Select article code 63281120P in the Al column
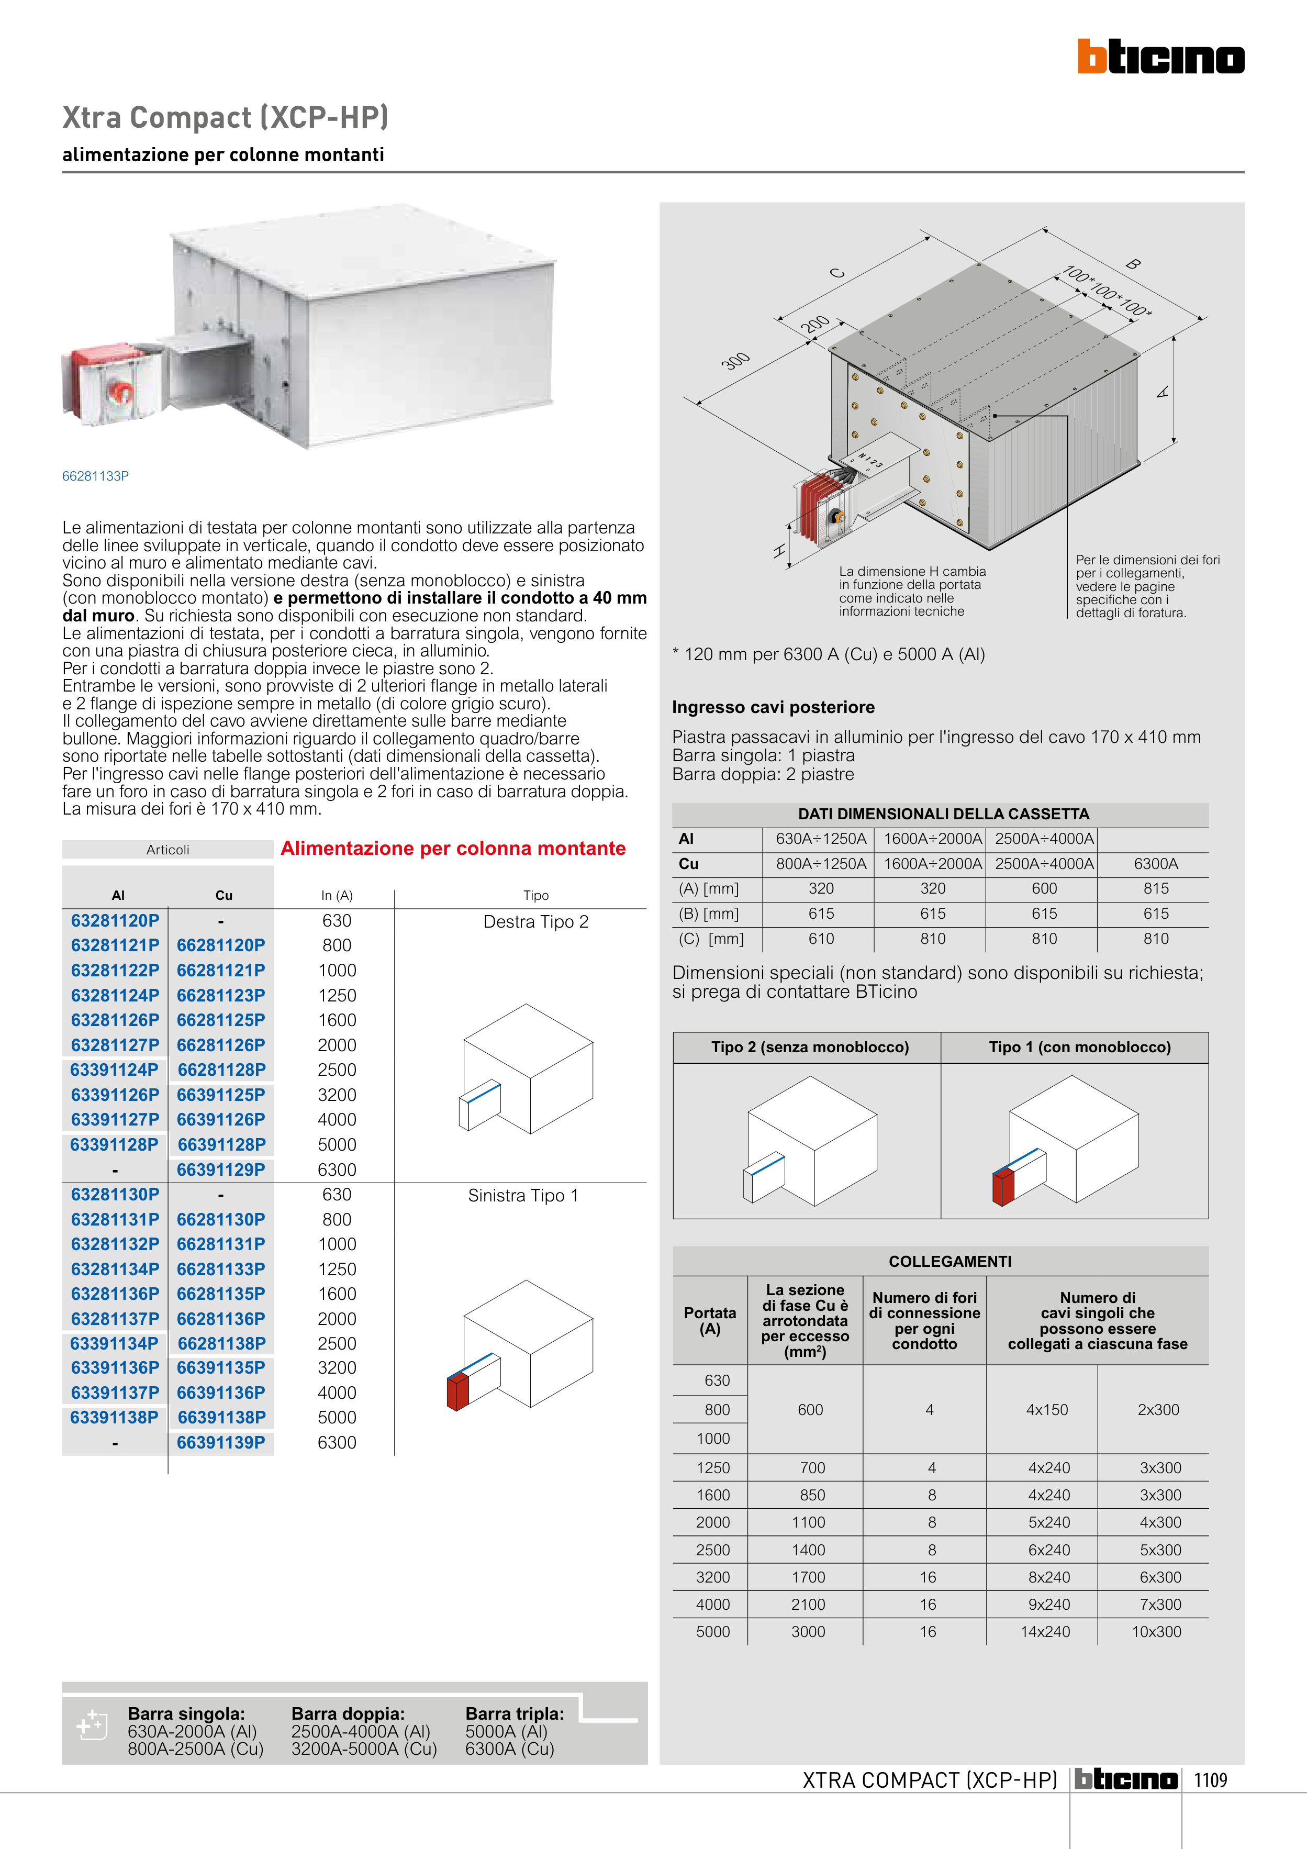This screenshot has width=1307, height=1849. (x=115, y=920)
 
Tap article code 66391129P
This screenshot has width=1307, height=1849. (x=221, y=1169)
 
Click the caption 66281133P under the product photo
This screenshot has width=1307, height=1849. (x=95, y=476)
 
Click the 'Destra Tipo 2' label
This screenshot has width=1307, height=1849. (x=535, y=922)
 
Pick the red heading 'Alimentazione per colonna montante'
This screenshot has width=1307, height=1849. (x=453, y=848)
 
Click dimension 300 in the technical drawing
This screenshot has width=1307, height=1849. (x=735, y=361)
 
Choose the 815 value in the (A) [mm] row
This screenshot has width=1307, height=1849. (x=1156, y=889)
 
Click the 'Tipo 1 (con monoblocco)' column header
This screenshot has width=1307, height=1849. (x=1079, y=1047)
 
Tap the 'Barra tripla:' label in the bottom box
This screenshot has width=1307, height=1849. (x=515, y=1714)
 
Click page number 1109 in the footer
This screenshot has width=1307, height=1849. (x=1210, y=1780)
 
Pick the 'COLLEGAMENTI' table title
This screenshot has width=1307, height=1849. (x=949, y=1261)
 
